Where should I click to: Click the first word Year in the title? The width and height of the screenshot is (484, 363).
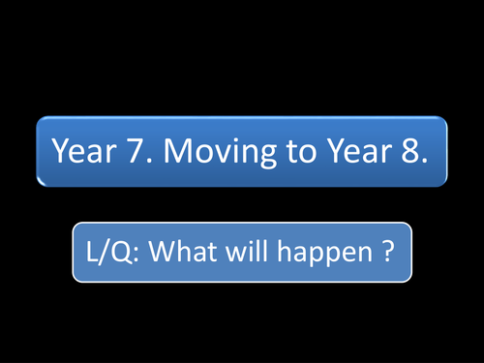(x=81, y=151)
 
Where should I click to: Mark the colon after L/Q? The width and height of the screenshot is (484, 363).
(x=133, y=254)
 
